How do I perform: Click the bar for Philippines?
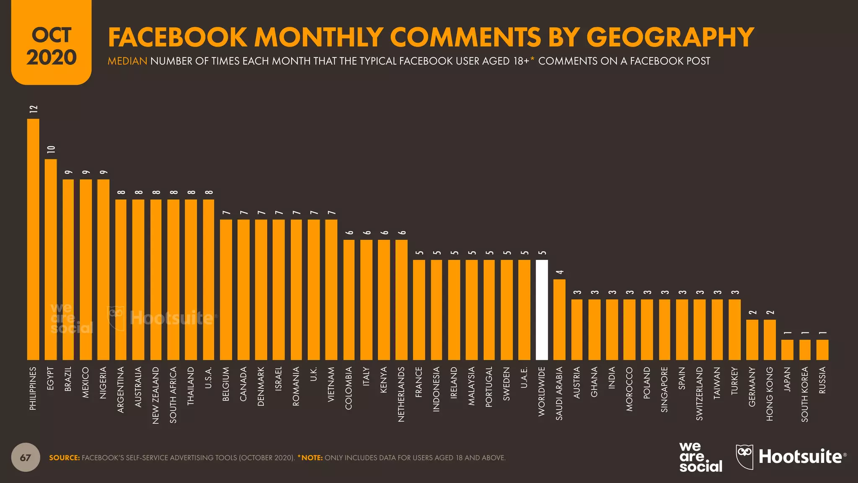pos(33,239)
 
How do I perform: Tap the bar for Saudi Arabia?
pos(559,319)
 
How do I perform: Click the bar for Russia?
pos(822,350)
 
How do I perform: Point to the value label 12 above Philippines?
pos(34,109)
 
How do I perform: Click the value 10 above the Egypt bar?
pos(51,149)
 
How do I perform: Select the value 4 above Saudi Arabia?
pos(560,273)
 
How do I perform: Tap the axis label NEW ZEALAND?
pos(156,395)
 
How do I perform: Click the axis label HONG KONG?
pos(770,394)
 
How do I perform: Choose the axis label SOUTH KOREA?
pos(805,394)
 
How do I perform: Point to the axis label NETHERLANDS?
pos(401,394)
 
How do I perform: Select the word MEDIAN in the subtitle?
pos(127,61)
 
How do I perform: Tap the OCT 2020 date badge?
pos(52,46)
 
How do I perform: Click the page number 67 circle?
pos(26,457)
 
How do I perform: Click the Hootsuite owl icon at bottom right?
pos(744,457)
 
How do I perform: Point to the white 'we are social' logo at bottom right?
pos(700,457)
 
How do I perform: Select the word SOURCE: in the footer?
pos(64,458)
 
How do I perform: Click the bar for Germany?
pos(752,340)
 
